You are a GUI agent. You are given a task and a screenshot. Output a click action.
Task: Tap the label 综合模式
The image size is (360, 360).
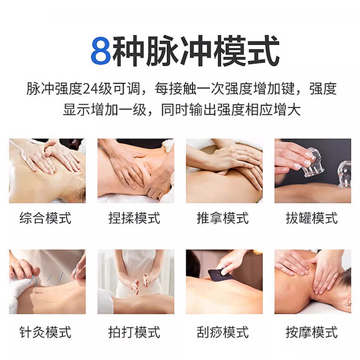[46, 219]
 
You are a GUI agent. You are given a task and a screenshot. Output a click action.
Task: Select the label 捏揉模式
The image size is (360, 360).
[135, 219]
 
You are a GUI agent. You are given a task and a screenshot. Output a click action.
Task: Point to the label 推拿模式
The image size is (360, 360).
[223, 219]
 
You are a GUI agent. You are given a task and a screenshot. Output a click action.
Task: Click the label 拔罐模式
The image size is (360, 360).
[312, 219]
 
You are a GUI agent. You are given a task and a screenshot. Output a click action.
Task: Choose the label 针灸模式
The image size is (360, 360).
[46, 333]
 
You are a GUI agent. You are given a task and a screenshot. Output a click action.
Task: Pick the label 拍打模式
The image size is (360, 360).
[135, 333]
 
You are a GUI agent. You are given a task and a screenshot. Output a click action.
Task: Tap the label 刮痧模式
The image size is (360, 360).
[223, 333]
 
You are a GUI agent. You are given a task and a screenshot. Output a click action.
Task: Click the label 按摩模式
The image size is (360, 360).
[312, 333]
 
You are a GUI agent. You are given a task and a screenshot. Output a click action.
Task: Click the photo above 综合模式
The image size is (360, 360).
[47, 171]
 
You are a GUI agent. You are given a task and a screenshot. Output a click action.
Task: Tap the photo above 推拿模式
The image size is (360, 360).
[224, 171]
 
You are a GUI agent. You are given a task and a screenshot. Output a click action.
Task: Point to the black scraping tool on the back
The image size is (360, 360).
[220, 274]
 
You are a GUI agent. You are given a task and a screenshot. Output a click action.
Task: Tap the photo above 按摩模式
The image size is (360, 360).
[313, 282]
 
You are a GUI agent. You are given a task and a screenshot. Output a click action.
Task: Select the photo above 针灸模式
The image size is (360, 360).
[47, 282]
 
